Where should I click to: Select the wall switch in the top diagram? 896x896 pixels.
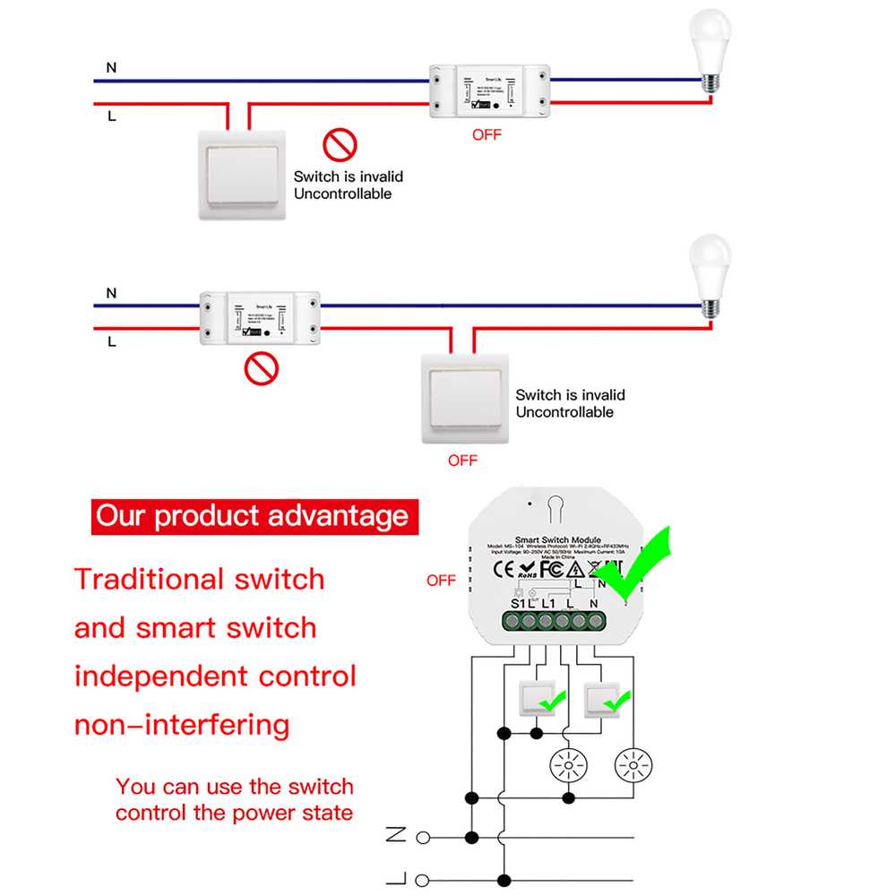pos(241,174)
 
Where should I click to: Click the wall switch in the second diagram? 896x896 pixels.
pos(464,398)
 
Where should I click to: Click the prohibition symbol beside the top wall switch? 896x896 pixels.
pos(340,144)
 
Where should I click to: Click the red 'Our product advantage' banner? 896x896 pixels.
pos(252,516)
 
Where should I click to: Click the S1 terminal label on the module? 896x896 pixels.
pos(517,603)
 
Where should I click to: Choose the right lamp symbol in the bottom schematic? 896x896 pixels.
pos(633,765)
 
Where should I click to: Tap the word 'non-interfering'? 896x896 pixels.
pos(182,724)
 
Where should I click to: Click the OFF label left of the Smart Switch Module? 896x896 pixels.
pos(441,581)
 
